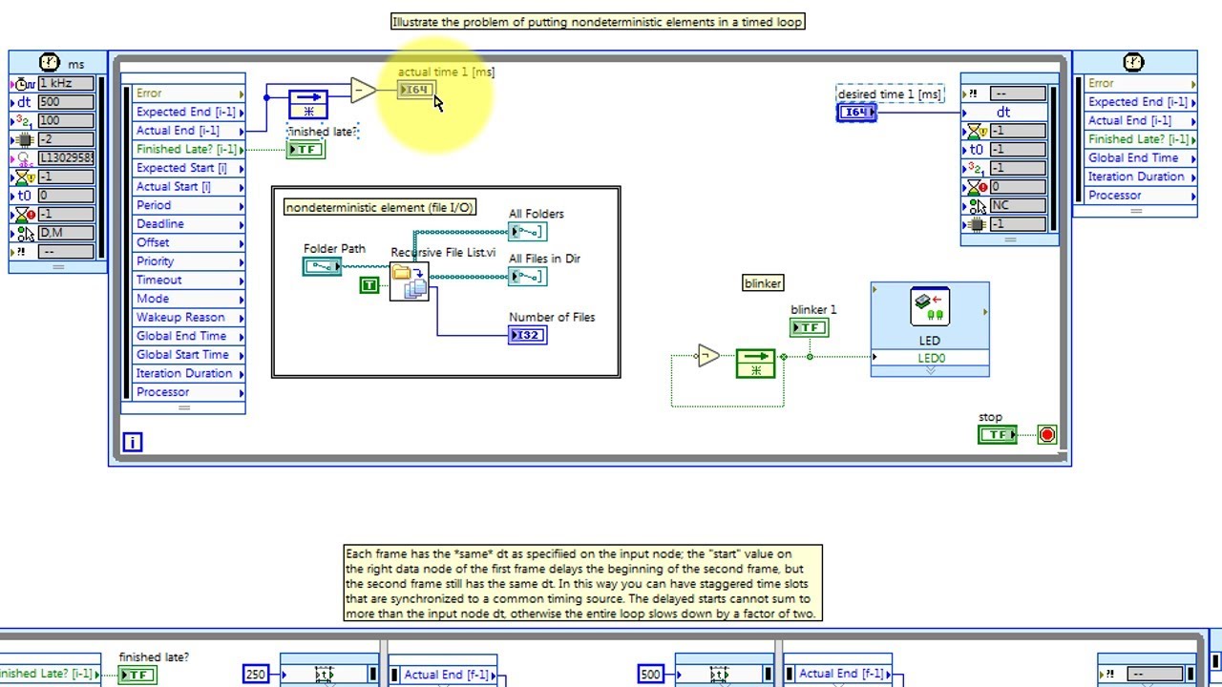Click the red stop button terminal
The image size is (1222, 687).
1047,435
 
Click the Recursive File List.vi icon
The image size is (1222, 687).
409,281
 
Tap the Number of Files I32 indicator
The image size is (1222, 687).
528,335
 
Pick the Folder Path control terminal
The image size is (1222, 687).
322,267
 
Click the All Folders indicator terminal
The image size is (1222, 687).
528,232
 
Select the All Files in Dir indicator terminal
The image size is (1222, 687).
528,277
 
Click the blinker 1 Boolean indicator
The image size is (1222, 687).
809,327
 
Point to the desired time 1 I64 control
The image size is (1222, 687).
856,113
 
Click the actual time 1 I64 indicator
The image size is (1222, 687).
416,90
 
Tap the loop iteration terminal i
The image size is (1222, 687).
133,443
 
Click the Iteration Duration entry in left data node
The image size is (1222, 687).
183,373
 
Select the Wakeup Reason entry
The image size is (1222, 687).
180,317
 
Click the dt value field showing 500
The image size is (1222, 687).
65,102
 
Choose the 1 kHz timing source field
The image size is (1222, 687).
65,83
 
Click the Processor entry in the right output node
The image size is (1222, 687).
1114,196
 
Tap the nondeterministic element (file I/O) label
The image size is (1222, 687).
380,207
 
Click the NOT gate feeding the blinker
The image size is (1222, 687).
707,357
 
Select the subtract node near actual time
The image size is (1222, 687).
363,91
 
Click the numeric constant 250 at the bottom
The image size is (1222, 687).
256,674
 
